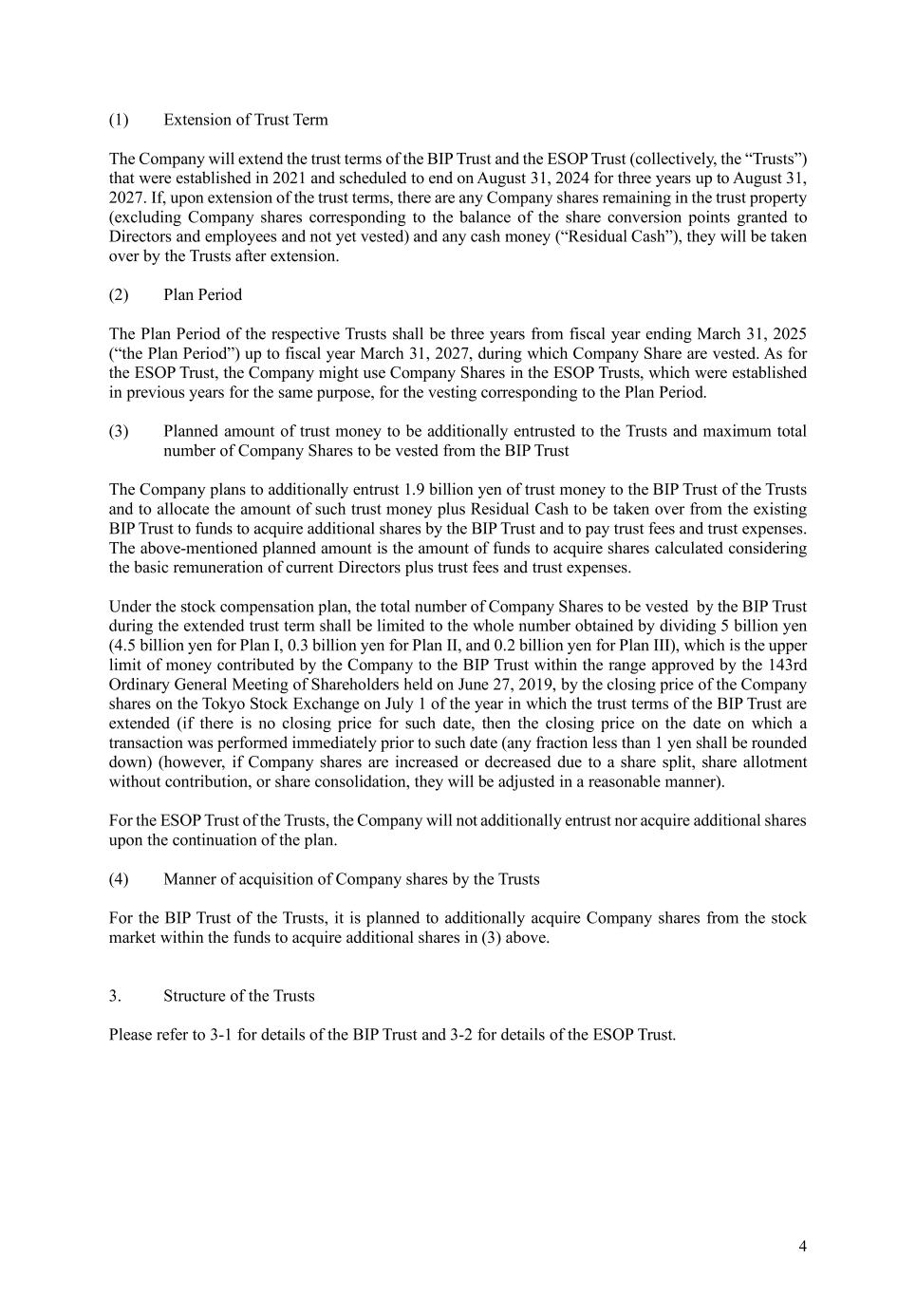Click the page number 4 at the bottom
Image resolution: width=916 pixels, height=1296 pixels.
[x=802, y=1247]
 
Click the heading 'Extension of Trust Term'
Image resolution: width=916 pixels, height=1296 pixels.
[x=245, y=120]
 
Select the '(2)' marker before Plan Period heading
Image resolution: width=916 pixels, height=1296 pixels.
[x=119, y=294]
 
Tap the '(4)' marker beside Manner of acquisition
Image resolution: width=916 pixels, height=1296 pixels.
[x=119, y=879]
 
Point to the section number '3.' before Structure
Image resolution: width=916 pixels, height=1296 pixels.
[x=115, y=996]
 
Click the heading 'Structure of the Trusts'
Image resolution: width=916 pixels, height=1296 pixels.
[x=238, y=996]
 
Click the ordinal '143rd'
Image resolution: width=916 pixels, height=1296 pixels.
[x=787, y=665]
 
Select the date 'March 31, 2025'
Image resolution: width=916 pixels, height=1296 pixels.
[x=751, y=334]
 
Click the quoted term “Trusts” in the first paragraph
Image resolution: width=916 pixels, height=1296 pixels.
[x=774, y=159]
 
